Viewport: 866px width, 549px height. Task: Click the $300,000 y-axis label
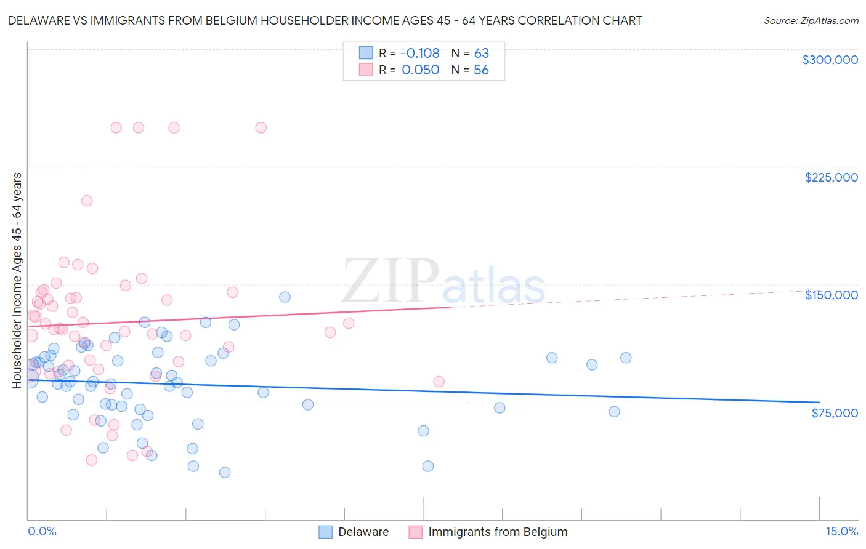pos(830,60)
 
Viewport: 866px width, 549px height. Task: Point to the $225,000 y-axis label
pos(831,177)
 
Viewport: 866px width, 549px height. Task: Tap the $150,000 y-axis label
pos(831,295)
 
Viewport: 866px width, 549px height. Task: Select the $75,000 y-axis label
pos(834,413)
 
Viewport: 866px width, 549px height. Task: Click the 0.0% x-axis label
pos(42,532)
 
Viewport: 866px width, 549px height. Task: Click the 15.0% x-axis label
pos(841,532)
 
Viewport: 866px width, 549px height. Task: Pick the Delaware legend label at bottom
pos(363,532)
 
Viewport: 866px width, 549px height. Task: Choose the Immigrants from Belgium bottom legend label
pos(498,532)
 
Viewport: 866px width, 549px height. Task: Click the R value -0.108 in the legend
pos(420,54)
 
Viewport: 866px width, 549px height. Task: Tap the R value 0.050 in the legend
pos(420,70)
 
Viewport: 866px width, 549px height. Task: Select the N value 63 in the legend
pos(481,54)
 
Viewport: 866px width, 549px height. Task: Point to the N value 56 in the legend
pos(481,70)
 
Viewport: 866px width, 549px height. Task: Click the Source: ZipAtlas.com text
pos(811,21)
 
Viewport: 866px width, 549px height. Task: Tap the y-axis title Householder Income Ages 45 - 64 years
pos(17,281)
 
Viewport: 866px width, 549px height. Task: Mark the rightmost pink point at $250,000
pos(261,128)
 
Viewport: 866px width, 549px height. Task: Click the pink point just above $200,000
pos(87,201)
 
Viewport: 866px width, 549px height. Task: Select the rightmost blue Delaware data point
pos(626,358)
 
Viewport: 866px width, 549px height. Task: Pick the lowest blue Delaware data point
pos(225,472)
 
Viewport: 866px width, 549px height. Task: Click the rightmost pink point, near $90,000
pos(439,382)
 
